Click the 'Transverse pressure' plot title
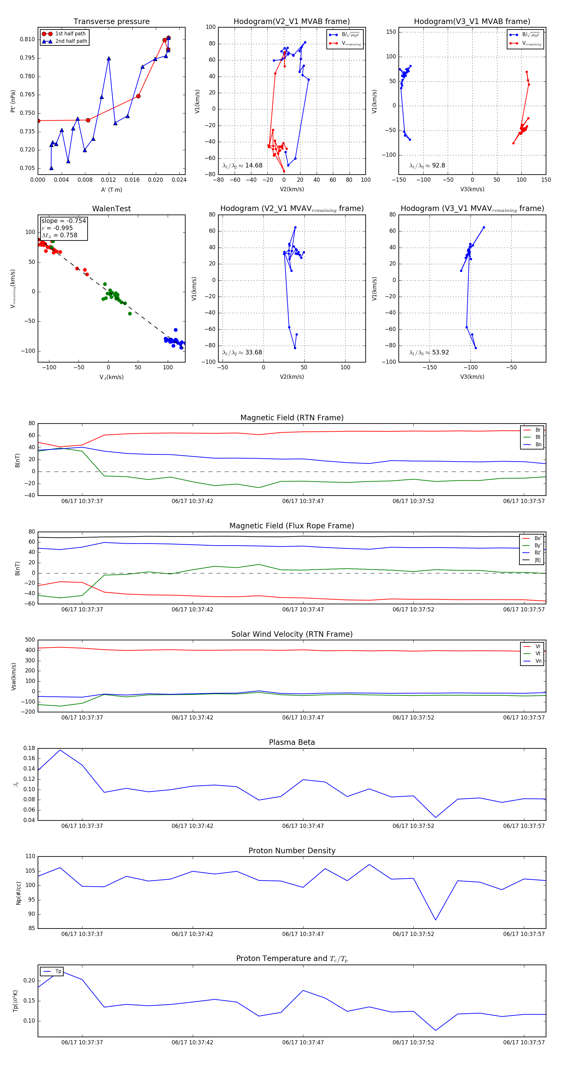click(x=111, y=22)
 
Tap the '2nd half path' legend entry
click(x=71, y=41)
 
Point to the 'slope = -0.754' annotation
click(x=64, y=221)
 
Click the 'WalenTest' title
click(x=111, y=209)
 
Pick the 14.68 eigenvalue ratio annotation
click(x=242, y=166)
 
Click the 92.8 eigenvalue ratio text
click(x=427, y=166)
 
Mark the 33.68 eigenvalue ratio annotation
click(x=242, y=352)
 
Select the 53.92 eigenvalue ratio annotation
click(x=429, y=352)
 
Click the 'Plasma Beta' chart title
click(x=292, y=743)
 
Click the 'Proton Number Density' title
click(x=292, y=851)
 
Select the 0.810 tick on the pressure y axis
click(x=28, y=40)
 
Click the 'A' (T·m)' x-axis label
click(x=111, y=190)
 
